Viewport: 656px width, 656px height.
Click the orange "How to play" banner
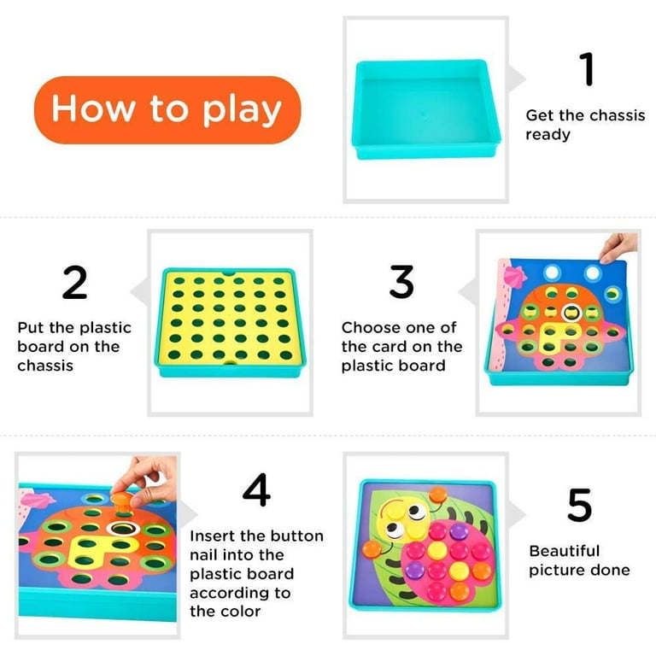click(x=167, y=110)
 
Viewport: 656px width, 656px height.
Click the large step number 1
click(x=586, y=69)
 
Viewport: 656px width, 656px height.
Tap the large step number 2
click(x=74, y=283)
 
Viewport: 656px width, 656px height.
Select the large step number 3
click(x=401, y=282)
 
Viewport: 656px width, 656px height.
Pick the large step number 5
click(x=579, y=506)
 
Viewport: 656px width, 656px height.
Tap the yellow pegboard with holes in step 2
click(x=231, y=319)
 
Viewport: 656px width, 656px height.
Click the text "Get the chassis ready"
click(x=584, y=125)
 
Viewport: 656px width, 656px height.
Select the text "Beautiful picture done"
click(x=578, y=560)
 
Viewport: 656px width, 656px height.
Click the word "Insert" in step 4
click(x=214, y=536)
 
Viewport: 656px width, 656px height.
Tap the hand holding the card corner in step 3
click(x=618, y=248)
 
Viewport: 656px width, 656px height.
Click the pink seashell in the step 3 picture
click(x=512, y=276)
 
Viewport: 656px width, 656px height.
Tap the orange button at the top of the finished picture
click(x=439, y=493)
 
